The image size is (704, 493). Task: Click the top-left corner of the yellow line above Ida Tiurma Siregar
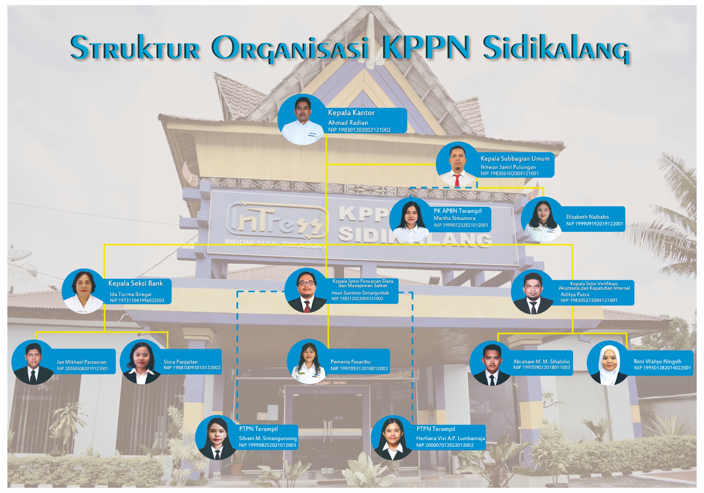pyautogui.click(x=105, y=245)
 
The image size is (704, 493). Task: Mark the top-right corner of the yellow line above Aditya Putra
pyautogui.click(x=572, y=245)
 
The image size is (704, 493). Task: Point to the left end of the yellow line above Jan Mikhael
pyautogui.click(x=37, y=333)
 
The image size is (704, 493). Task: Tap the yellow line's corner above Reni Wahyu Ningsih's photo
pyautogui.click(x=626, y=334)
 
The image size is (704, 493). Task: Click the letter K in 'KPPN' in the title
pyautogui.click(x=393, y=47)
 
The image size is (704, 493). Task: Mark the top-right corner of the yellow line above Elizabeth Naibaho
pyautogui.click(x=543, y=187)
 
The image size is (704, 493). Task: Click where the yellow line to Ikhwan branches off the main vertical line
pyautogui.click(x=326, y=165)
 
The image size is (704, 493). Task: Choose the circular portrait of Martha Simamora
pyautogui.click(x=411, y=219)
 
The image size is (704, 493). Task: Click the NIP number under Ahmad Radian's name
pyautogui.click(x=359, y=130)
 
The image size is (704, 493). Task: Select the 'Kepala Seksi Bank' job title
pyautogui.click(x=136, y=283)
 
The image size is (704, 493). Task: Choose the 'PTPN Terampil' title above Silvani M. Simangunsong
pyautogui.click(x=258, y=429)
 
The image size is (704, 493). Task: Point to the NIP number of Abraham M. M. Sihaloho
pyautogui.click(x=542, y=367)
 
